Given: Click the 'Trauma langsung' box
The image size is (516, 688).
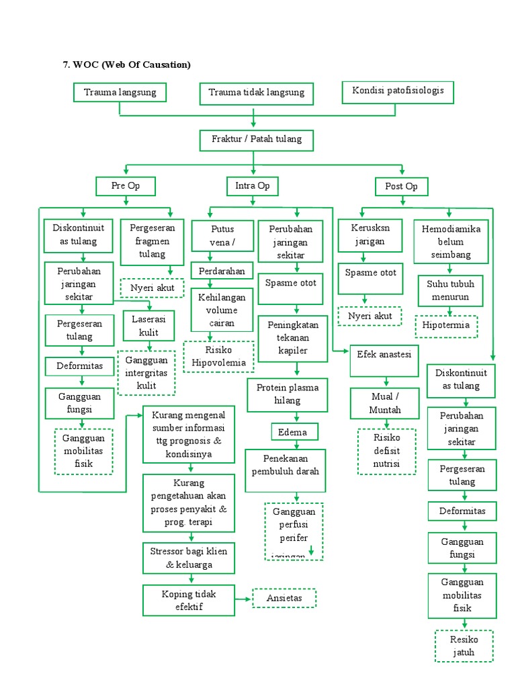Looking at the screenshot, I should [120, 93].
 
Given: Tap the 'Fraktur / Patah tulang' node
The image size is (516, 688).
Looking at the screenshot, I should [256, 140].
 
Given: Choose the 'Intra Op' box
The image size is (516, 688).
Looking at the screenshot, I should [253, 186].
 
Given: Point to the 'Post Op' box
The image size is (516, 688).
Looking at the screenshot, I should [402, 187].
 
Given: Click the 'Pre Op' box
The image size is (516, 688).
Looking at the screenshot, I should [126, 186].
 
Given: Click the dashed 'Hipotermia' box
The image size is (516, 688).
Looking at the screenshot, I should [446, 327].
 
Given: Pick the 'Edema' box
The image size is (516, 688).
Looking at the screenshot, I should [294, 431].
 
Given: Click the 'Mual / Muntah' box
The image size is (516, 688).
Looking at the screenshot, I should [385, 403].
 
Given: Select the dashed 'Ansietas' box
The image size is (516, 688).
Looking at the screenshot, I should [284, 598].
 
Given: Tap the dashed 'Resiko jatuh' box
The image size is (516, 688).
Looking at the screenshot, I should [464, 646].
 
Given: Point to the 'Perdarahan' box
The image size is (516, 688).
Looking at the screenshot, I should [222, 271].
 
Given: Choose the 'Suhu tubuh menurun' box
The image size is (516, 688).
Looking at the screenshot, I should [447, 290].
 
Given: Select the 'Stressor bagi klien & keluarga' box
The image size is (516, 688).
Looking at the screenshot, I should [189, 558].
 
